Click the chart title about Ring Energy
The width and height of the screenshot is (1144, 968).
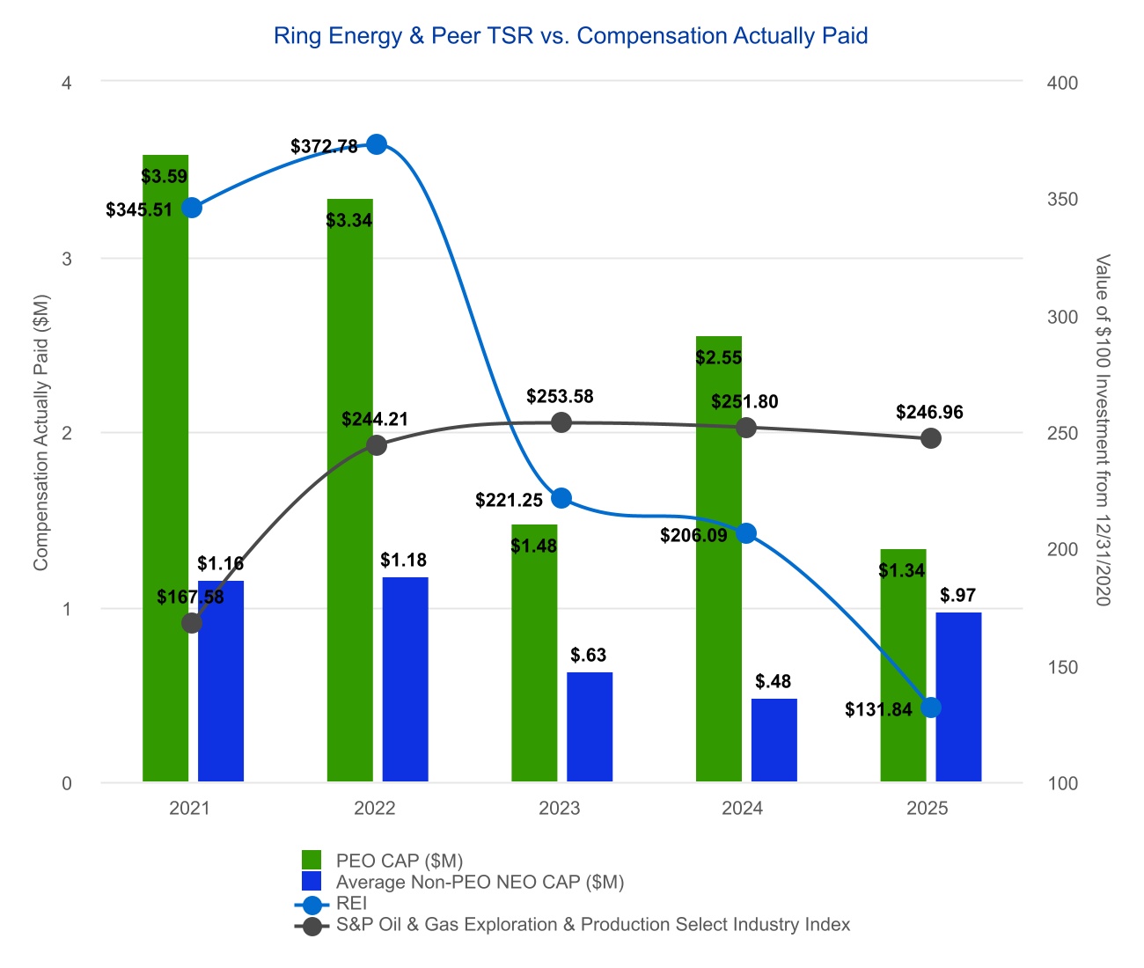click(x=570, y=36)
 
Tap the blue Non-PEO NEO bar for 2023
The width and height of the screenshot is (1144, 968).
click(x=590, y=727)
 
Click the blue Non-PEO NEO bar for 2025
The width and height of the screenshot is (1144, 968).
click(x=958, y=697)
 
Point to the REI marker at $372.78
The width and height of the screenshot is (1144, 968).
click(x=377, y=144)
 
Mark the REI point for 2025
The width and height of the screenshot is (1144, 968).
click(x=931, y=708)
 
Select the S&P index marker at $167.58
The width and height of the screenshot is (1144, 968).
click(x=192, y=623)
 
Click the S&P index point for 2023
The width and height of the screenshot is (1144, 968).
click(x=561, y=422)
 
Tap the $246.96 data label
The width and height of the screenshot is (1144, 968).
click(x=929, y=412)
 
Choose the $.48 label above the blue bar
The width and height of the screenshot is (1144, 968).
click(x=773, y=681)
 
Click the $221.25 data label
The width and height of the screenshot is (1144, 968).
click(x=509, y=501)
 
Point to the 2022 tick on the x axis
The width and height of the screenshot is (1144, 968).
click(x=375, y=808)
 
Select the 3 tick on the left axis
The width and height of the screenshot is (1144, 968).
click(x=67, y=259)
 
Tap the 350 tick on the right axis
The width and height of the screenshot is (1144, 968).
click(x=1063, y=200)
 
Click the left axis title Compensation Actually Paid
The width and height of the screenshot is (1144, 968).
click(x=40, y=433)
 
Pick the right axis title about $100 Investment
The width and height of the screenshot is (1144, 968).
click(x=1102, y=429)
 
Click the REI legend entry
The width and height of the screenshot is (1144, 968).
click(x=351, y=904)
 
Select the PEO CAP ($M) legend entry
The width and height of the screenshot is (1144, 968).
click(x=399, y=861)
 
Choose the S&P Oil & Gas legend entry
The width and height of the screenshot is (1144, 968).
click(x=592, y=925)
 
